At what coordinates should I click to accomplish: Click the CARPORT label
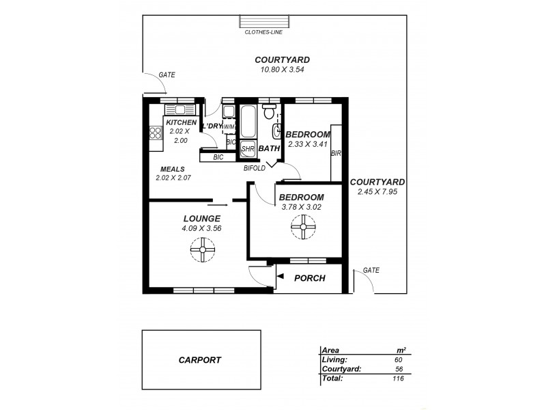[200, 359]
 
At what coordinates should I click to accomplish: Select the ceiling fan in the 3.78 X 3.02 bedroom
[301, 227]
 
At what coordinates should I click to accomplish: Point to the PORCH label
[308, 278]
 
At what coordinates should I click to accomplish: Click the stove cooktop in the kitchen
[154, 134]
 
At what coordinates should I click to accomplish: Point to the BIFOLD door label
[255, 167]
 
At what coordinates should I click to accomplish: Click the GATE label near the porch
[371, 270]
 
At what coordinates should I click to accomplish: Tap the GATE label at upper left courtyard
[167, 75]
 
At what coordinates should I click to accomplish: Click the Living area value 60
[398, 359]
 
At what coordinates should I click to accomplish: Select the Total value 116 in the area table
[397, 377]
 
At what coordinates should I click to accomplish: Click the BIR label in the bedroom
[335, 154]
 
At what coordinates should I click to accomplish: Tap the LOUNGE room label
[201, 219]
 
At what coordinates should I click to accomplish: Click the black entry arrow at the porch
[281, 275]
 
